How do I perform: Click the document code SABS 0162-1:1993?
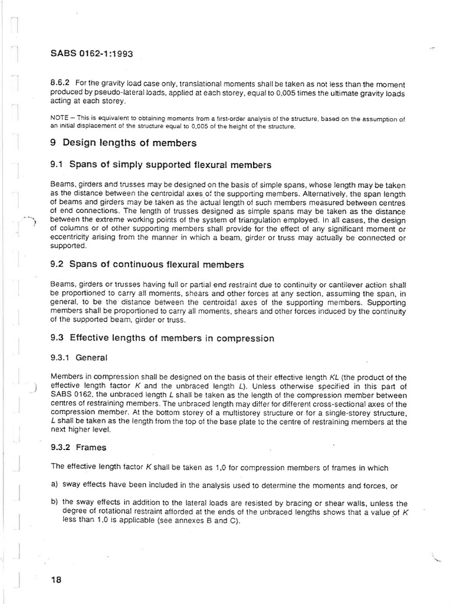(x=91, y=54)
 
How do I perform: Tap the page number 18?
(x=57, y=579)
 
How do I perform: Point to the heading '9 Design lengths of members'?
(x=124, y=143)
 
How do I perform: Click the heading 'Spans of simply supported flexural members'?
(x=170, y=165)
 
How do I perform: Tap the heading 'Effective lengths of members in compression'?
(x=172, y=339)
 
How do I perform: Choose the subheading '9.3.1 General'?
(x=80, y=357)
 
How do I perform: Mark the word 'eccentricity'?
(x=70, y=238)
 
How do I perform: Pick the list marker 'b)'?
(x=55, y=503)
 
